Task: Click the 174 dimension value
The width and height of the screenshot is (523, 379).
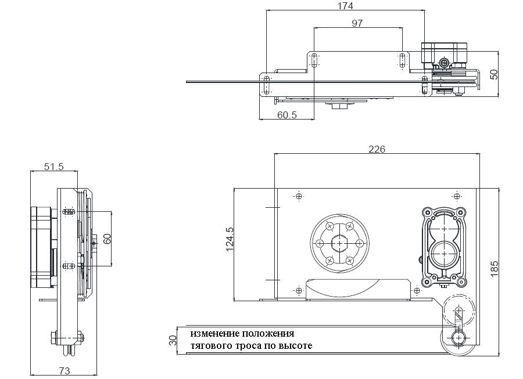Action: [x=345, y=6]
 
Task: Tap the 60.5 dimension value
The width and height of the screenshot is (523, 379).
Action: [x=286, y=115]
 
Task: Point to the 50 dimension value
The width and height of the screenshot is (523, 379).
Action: [x=495, y=74]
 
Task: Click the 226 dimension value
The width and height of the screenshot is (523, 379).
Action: [x=377, y=149]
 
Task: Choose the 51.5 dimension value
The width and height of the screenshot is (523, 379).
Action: [x=53, y=167]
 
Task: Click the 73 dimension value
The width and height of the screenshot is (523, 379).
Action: [x=65, y=370]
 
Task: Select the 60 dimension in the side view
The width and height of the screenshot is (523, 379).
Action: [x=107, y=239]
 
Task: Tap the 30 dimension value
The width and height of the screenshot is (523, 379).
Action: [x=173, y=340]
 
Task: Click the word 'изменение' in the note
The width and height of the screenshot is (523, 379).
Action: [x=212, y=334]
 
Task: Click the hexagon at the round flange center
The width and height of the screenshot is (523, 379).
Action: [x=339, y=243]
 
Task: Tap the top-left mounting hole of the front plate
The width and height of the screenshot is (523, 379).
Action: [x=299, y=196]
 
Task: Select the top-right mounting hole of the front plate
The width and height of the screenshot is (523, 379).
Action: [x=456, y=196]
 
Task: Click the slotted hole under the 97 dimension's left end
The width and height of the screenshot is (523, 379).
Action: [x=314, y=60]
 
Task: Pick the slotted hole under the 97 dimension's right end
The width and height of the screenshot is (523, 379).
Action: [x=402, y=60]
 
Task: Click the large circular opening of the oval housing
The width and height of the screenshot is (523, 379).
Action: [x=445, y=253]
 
